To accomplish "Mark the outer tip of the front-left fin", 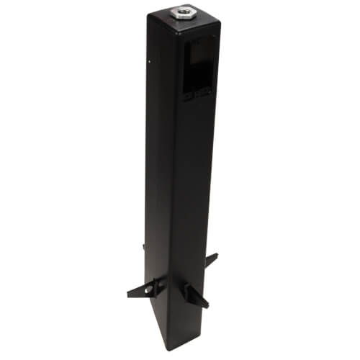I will tap(128, 294).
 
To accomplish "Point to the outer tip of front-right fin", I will tap(207, 305).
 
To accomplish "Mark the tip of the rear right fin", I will tap(217, 255).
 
